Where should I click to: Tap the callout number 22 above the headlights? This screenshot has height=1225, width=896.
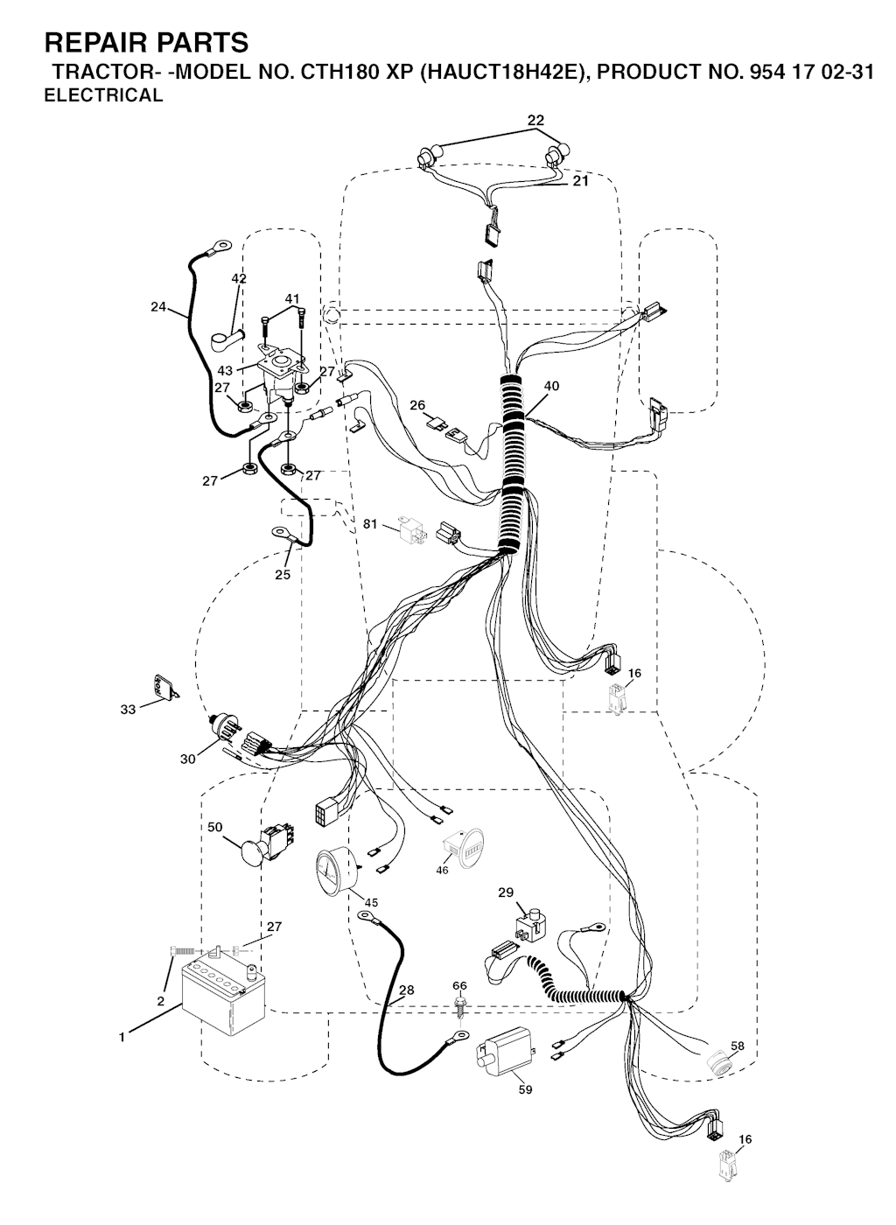(x=535, y=120)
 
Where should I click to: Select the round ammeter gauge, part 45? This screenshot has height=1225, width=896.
(x=337, y=871)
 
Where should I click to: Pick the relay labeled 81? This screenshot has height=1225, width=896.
(x=412, y=529)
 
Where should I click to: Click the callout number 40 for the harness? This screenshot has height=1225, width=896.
(x=551, y=386)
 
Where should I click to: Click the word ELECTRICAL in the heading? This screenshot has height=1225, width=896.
(x=103, y=95)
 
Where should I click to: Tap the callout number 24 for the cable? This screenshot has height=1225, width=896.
(x=158, y=307)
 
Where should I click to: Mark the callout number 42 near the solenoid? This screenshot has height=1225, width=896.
(x=239, y=279)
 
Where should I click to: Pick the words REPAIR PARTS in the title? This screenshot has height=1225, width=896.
(x=146, y=43)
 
